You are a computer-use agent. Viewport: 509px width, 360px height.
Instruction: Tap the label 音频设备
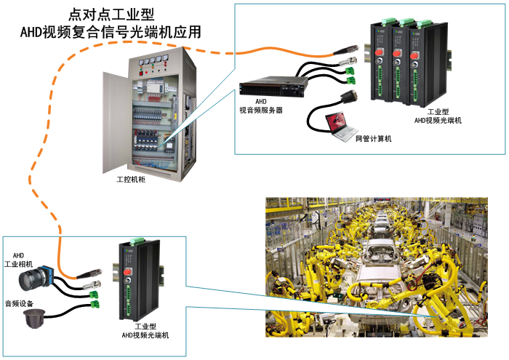tap(19, 303)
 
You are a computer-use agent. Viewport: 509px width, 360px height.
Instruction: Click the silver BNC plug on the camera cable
tap(92, 284)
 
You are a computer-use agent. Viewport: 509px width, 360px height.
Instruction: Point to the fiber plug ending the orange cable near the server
tap(342, 52)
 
